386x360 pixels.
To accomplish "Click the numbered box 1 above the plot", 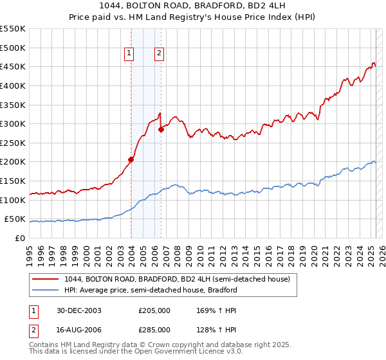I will (129, 54).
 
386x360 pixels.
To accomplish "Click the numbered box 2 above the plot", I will (158, 54).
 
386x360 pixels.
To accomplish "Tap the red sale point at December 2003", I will (131, 159).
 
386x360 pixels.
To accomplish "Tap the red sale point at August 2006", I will (161, 130).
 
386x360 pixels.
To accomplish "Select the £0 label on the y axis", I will (19, 239).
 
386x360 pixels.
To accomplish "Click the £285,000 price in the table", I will (154, 330).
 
